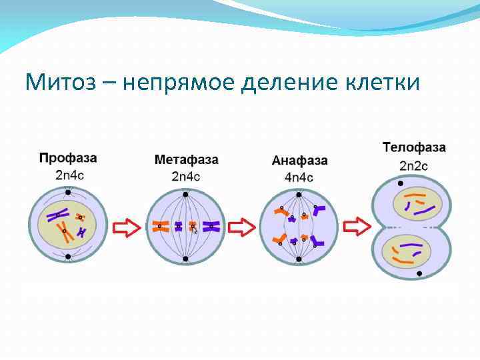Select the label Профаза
click(68, 158)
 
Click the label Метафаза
click(186, 160)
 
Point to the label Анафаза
click(300, 161)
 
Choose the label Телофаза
click(414, 147)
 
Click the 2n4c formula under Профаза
click(69, 175)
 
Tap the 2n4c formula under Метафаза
click(186, 177)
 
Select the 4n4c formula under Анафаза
click(299, 177)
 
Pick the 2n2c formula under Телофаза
click(413, 165)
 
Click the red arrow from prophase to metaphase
click(126, 228)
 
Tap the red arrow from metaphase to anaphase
click(241, 228)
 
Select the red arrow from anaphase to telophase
click(355, 228)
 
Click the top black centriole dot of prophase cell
click(68, 193)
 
